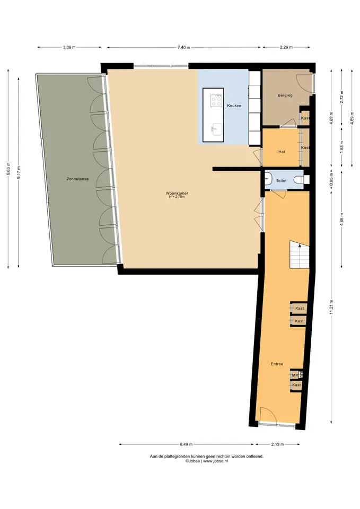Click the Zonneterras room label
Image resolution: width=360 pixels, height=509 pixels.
(x=77, y=179)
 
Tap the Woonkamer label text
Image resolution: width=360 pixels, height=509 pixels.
(x=177, y=193)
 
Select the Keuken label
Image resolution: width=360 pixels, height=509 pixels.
(x=234, y=106)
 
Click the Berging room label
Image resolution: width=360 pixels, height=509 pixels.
(x=285, y=95)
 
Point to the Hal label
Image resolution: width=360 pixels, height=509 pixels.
(x=282, y=152)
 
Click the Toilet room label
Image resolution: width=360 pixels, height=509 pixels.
(x=281, y=181)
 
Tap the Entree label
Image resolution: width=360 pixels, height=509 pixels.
(x=277, y=364)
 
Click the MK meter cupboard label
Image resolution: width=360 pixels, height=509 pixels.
(x=295, y=375)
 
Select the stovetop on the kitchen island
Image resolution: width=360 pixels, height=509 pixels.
(x=216, y=101)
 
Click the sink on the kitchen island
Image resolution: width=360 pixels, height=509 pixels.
(x=216, y=130)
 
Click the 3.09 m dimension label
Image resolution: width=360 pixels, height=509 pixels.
(x=69, y=47)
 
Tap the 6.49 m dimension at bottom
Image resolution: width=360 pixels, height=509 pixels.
(x=186, y=444)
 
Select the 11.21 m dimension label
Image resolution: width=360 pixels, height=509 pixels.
(x=331, y=307)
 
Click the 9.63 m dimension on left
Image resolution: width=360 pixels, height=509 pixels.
(x=8, y=169)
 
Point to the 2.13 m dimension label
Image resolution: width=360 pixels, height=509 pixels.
(x=277, y=444)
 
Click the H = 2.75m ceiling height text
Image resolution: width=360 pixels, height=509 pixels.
(x=177, y=197)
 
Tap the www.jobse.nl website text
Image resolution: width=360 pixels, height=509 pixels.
(x=216, y=461)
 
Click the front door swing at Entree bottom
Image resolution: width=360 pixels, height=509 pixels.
(x=269, y=414)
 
